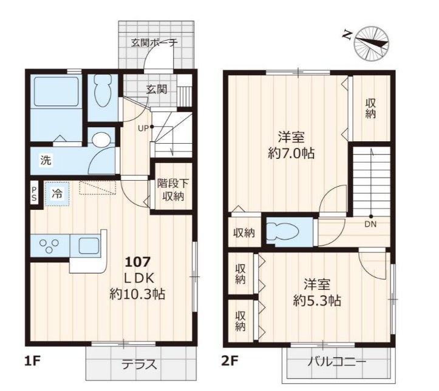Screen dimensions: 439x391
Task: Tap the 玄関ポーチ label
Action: click(154, 43)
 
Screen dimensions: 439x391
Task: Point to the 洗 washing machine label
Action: click(46, 160)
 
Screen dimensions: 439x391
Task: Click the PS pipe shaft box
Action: click(34, 194)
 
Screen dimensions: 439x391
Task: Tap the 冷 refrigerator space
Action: click(58, 193)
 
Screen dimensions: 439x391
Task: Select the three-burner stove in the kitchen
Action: click(49, 246)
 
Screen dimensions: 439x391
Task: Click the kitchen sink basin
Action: click(89, 246)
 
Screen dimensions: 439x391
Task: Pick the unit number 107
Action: click(137, 262)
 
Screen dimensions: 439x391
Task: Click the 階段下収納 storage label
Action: click(172, 190)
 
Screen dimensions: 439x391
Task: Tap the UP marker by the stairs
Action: click(143, 129)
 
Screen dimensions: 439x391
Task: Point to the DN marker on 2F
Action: click(370, 224)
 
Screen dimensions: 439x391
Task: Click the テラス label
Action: click(139, 364)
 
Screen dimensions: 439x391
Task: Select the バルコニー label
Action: click(337, 363)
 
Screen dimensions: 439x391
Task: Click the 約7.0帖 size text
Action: click(291, 153)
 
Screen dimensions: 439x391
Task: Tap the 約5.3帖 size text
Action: click(317, 301)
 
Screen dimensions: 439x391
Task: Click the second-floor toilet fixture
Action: click(282, 231)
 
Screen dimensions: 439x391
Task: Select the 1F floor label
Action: click(33, 362)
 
